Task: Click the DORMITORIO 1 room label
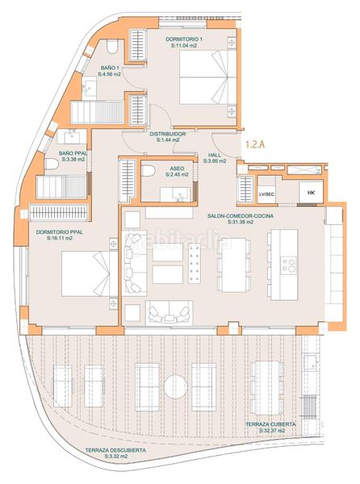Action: pos(185,40)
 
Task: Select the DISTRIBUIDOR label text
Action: pos(168,134)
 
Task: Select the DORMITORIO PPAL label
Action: pos(59,232)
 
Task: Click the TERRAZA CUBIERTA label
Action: pos(270,424)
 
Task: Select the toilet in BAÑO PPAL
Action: pos(52,164)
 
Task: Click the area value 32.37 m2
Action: pos(271,432)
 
